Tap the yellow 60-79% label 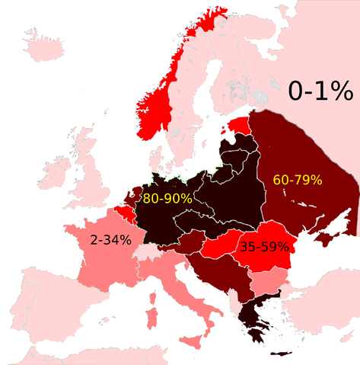point(298,180)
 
